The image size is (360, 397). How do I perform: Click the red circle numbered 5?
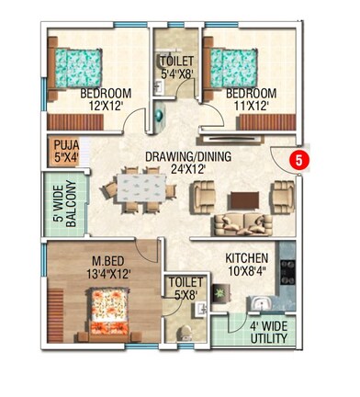coord(298,158)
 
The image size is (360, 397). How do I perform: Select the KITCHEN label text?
coord(246,258)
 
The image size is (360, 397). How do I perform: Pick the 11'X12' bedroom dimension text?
coord(250,107)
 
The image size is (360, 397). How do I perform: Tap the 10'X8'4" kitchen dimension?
coord(246,272)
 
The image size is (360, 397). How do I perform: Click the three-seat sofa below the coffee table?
coord(242,222)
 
